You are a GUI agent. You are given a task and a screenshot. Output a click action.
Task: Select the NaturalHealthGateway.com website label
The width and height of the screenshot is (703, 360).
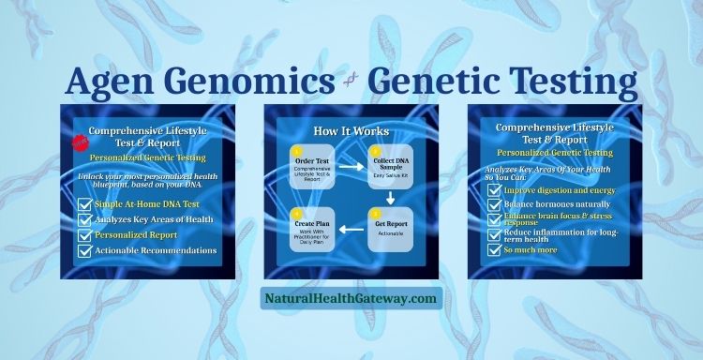tap(351, 299)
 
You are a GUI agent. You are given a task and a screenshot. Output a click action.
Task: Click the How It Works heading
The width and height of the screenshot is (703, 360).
tap(351, 130)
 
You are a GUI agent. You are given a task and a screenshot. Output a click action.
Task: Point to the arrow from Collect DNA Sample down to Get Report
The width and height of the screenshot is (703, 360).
tap(390, 198)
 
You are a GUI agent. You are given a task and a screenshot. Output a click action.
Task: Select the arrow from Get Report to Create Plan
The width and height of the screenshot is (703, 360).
tap(351, 230)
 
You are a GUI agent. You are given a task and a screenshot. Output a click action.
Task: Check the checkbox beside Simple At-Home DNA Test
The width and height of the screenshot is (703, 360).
tap(84, 203)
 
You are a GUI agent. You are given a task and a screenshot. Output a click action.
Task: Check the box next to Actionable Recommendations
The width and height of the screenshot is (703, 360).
tap(84, 250)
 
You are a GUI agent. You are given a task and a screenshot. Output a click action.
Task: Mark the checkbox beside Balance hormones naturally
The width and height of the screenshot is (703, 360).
tap(494, 204)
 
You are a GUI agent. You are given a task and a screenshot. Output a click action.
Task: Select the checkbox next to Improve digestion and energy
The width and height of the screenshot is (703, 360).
tap(494, 188)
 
